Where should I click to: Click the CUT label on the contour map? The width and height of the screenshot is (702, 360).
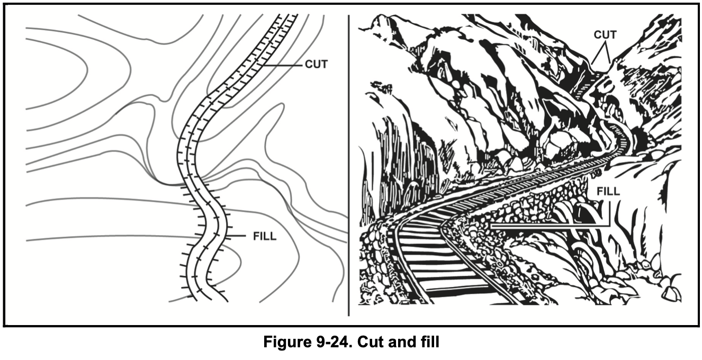click(317, 65)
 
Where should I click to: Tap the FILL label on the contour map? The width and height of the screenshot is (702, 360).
click(265, 236)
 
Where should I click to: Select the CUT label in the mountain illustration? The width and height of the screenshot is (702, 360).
click(605, 35)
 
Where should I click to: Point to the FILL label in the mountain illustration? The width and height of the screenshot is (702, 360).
click(608, 191)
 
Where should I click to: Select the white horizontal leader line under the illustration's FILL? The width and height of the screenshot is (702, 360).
click(545, 225)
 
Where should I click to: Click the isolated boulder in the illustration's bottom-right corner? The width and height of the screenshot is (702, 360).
click(671, 293)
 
